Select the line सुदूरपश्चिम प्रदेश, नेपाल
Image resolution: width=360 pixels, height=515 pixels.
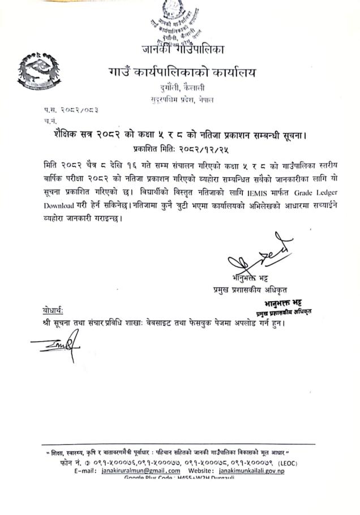click(x=182, y=99)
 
